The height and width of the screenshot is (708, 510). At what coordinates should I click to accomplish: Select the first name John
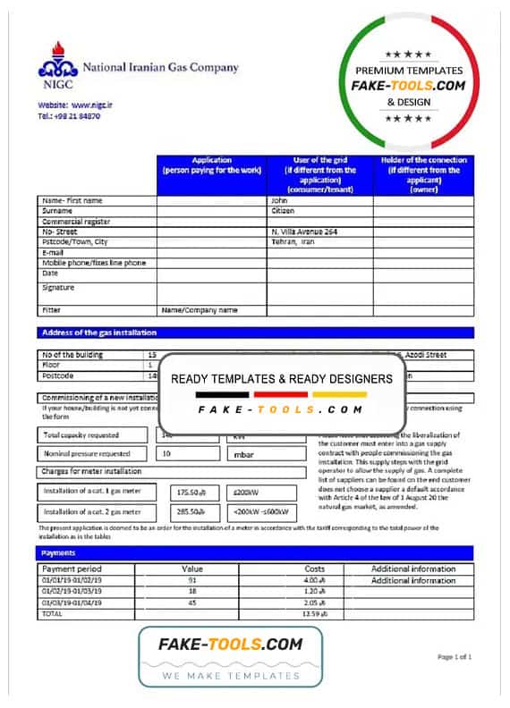(279, 201)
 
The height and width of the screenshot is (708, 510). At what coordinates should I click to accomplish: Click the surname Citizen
(283, 211)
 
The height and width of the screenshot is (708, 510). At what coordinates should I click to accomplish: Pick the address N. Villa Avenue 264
(304, 232)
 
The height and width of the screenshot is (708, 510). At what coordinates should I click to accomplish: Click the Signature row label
(58, 288)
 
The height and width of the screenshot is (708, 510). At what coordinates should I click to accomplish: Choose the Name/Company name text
(199, 310)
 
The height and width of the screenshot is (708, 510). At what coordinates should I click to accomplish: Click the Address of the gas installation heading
(93, 333)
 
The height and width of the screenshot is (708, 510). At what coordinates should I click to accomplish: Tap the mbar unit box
(243, 454)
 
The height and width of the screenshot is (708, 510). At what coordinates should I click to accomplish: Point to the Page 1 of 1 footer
(454, 657)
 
